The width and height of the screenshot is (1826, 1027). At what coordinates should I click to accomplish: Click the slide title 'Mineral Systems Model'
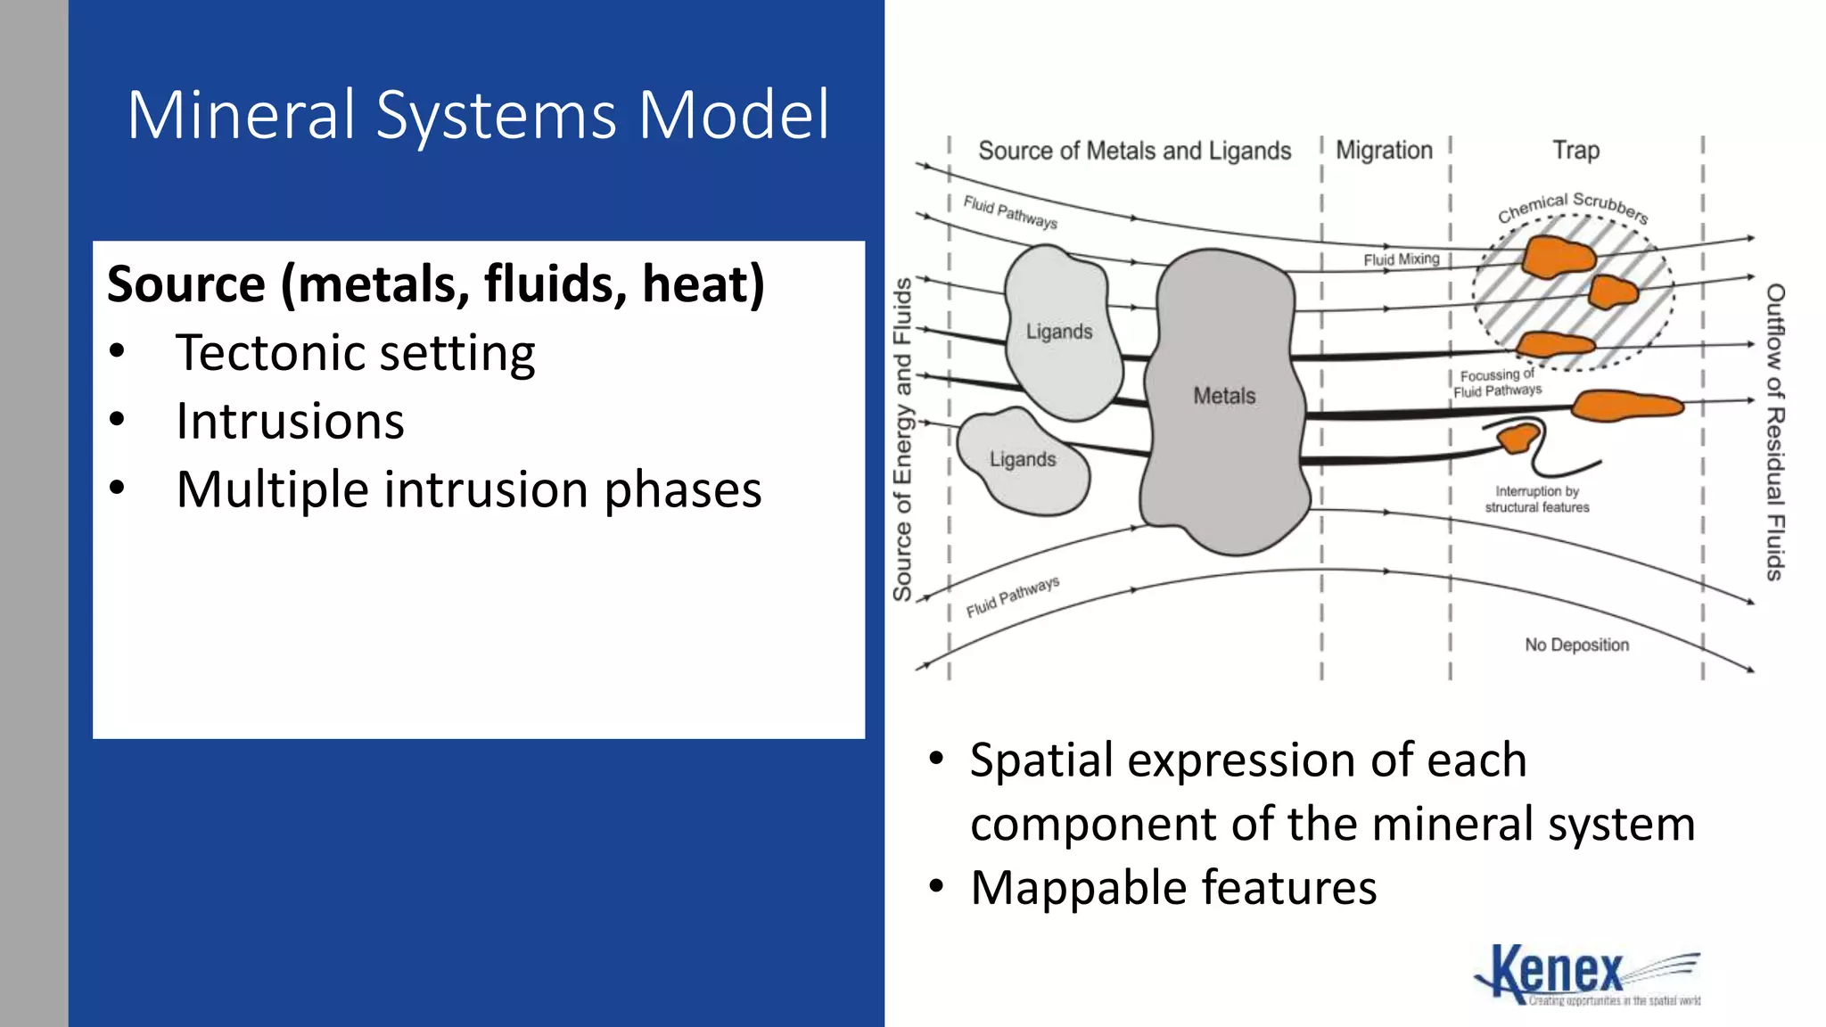tap(478, 115)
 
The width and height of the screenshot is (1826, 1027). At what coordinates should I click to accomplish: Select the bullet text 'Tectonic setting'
tap(355, 352)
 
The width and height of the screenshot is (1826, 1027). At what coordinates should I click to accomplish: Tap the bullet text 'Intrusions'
tap(290, 421)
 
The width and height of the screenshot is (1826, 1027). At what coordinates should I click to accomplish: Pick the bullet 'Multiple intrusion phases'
tap(468, 489)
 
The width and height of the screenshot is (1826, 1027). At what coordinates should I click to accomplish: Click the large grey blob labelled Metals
tap(1223, 396)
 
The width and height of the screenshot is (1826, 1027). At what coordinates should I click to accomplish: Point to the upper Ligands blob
tap(1059, 332)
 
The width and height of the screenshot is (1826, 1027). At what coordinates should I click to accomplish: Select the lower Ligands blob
tap(1023, 460)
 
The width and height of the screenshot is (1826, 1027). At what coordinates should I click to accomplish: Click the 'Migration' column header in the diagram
tap(1384, 150)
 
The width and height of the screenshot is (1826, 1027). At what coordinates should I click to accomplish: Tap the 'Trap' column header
tap(1575, 150)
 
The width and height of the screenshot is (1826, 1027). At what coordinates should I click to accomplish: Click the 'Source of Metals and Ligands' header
tap(1134, 151)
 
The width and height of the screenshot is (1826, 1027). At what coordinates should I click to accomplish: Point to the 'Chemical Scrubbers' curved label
tap(1573, 206)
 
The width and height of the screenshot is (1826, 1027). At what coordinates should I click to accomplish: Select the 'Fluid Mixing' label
tap(1401, 259)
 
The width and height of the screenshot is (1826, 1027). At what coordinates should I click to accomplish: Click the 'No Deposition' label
tap(1576, 645)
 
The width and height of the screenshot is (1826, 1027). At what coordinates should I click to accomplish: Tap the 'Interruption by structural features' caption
tap(1536, 499)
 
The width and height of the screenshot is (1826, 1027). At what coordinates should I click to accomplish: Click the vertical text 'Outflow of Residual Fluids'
tap(1775, 432)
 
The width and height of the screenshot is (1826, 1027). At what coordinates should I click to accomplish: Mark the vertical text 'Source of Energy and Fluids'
tap(902, 439)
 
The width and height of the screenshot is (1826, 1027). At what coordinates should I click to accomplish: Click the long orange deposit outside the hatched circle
tap(1626, 406)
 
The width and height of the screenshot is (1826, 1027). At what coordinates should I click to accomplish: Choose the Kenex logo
tap(1586, 975)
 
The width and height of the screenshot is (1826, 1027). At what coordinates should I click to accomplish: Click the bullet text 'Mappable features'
tap(1172, 888)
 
